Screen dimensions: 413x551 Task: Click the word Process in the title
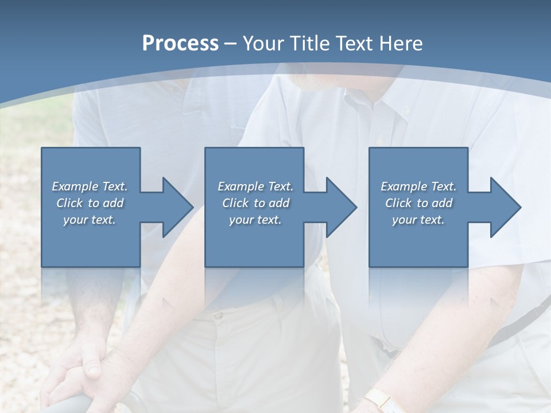[180, 44]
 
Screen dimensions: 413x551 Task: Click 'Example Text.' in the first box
[90, 186]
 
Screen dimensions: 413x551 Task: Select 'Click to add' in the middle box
[255, 203]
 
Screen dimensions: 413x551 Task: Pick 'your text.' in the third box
[418, 220]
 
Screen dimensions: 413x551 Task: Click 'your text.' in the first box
[90, 220]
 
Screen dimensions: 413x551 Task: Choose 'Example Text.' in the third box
[418, 186]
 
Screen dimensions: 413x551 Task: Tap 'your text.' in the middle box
[255, 220]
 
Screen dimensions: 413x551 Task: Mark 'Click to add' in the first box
[90, 203]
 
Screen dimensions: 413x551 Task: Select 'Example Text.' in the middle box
[255, 186]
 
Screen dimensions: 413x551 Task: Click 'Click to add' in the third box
[418, 203]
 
